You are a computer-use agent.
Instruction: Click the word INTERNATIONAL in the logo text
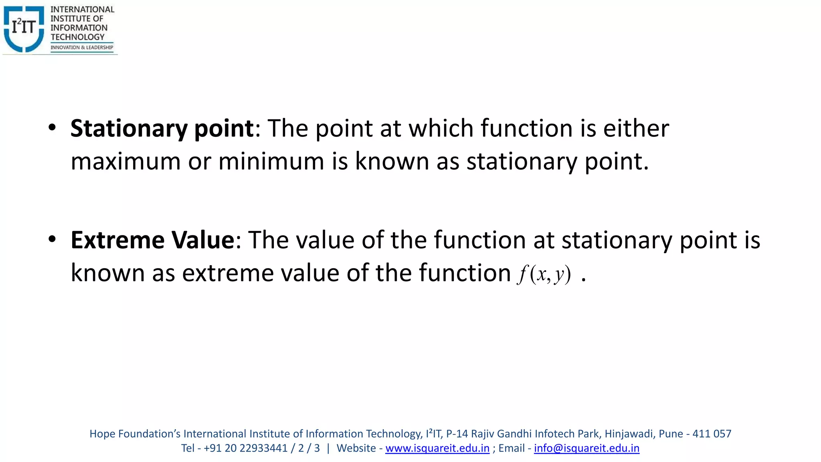82,9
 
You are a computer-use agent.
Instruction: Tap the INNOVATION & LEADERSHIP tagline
82,47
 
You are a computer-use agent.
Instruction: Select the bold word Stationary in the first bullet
129,129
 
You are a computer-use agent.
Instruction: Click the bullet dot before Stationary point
52,128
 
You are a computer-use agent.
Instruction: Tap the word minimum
271,162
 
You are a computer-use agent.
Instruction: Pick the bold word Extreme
117,240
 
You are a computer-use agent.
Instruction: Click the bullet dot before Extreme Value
52,239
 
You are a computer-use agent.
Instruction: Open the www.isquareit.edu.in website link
437,448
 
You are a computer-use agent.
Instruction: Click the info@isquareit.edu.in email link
586,448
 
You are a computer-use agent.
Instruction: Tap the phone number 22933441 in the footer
265,448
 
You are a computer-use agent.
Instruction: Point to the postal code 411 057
712,434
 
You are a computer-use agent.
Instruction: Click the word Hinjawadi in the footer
629,434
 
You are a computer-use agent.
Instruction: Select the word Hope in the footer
102,434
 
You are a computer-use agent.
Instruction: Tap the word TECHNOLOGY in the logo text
77,37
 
